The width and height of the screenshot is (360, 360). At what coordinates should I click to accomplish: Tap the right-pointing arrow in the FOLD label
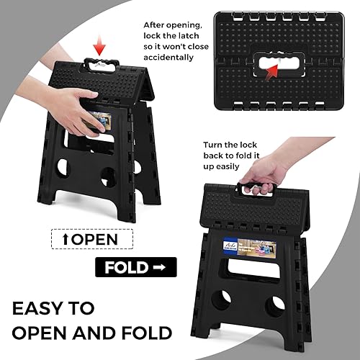(x=158, y=268)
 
